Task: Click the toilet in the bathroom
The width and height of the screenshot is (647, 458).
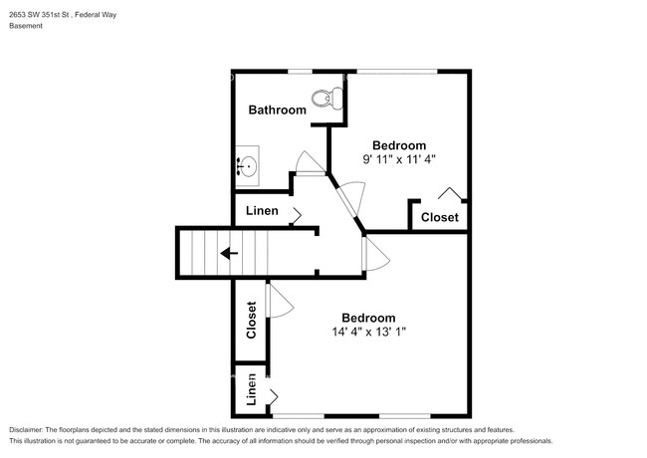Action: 327,99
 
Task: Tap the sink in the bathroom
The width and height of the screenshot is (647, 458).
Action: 247,166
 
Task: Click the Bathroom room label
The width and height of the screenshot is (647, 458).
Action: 278,110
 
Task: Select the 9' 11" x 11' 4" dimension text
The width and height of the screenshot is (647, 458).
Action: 399,159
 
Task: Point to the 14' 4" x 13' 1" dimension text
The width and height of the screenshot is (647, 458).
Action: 369,332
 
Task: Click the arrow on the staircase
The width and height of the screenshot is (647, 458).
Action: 229,253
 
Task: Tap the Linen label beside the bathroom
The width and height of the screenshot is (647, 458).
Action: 262,211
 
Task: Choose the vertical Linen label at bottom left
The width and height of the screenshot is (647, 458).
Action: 251,389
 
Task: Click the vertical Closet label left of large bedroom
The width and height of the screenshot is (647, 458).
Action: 251,321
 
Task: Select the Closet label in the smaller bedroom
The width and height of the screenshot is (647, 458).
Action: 439,217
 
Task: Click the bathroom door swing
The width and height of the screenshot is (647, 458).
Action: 311,163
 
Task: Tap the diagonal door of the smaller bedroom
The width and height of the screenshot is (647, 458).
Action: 350,198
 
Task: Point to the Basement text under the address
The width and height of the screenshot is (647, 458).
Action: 26,26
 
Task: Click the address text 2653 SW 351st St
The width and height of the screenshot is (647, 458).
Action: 39,15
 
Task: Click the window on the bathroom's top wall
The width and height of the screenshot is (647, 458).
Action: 300,72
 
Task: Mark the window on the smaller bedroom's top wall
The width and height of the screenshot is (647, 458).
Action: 397,72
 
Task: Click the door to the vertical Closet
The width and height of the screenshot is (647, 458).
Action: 280,302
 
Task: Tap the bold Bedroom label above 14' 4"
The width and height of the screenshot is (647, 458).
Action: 368,318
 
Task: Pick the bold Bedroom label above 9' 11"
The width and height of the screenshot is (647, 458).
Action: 399,145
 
